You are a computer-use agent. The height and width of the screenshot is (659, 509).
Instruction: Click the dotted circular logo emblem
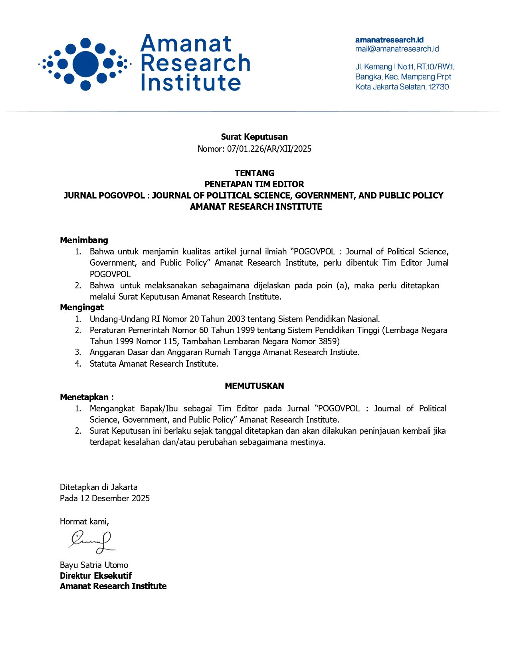tap(85, 64)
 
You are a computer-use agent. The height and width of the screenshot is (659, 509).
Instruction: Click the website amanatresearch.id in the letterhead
tap(389, 40)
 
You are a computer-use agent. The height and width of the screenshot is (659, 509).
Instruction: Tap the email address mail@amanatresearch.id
tap(397, 49)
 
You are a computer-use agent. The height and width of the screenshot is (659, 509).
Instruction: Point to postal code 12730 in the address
tap(438, 87)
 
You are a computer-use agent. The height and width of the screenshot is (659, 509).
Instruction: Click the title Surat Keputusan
tap(254, 137)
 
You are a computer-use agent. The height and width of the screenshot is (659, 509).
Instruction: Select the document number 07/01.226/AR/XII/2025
tap(269, 149)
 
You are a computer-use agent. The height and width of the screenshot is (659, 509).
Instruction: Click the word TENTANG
tap(254, 173)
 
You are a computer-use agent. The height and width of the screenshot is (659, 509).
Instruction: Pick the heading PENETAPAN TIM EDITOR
tap(254, 184)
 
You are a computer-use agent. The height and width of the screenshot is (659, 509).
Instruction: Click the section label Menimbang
tap(84, 240)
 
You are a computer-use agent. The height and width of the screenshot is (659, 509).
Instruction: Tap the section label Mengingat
tap(82, 307)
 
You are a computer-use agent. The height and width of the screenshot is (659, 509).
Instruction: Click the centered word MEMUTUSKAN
tap(254, 386)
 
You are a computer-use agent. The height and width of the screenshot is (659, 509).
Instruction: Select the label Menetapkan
tap(85, 397)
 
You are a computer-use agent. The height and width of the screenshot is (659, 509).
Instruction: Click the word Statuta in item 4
tap(103, 363)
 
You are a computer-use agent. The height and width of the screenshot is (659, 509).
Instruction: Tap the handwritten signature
tap(92, 542)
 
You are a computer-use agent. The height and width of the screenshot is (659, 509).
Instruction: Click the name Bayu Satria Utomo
tap(94, 565)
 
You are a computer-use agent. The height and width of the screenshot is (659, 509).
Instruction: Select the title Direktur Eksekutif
tap(96, 576)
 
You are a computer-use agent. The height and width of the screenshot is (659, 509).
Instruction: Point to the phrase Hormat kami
tap(84, 521)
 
